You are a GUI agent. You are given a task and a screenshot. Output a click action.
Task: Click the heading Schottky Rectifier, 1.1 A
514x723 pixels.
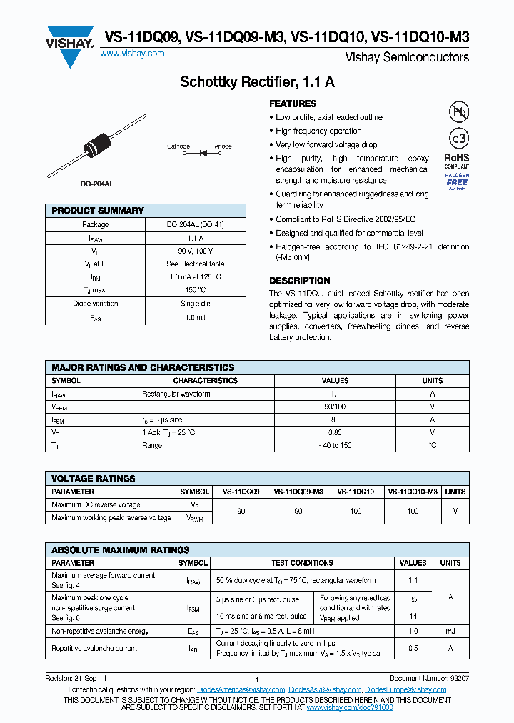tap(257, 83)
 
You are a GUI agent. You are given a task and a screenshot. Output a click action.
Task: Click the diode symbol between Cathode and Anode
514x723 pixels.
tap(201, 152)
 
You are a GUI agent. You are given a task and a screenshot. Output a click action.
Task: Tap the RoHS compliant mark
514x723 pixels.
tap(457, 160)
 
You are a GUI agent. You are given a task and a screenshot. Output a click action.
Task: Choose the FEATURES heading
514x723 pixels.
tap(293, 104)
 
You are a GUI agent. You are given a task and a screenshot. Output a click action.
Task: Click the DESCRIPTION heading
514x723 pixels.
tap(299, 281)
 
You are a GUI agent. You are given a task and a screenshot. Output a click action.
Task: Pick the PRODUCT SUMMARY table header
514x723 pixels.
tap(98, 211)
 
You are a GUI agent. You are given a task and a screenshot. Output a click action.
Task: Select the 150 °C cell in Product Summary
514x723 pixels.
tap(196, 290)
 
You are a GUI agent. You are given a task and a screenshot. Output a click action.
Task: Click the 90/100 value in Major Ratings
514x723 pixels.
tap(336, 407)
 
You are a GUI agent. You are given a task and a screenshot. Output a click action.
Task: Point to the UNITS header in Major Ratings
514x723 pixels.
tap(433, 381)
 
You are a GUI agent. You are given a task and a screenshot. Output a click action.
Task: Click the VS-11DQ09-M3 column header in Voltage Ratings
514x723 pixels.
tap(298, 492)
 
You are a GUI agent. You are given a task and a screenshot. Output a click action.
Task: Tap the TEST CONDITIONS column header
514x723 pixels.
tap(303, 563)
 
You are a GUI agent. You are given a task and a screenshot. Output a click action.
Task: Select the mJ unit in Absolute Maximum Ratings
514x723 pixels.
tap(450, 632)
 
